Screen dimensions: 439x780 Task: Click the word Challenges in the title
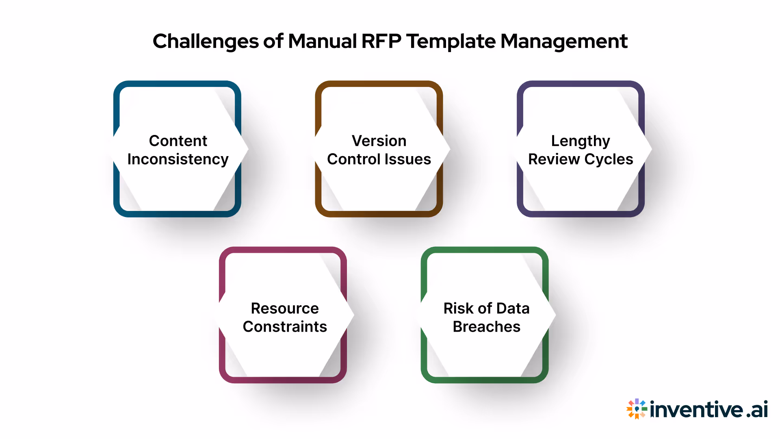pos(206,41)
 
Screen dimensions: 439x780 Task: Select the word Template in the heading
pos(451,41)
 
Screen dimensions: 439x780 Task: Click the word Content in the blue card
pos(178,141)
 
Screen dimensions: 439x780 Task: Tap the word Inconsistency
pos(178,159)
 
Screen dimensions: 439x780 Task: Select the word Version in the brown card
pos(379,141)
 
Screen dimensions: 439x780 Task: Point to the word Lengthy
pos(580,141)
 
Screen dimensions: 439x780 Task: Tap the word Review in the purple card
pos(554,159)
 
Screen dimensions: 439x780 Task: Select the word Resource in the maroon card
pos(285,308)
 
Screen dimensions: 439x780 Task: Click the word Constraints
pos(285,327)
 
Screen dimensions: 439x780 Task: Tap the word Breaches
pos(486,327)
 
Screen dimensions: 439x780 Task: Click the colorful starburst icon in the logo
pos(636,409)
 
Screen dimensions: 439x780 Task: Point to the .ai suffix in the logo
pos(757,409)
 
